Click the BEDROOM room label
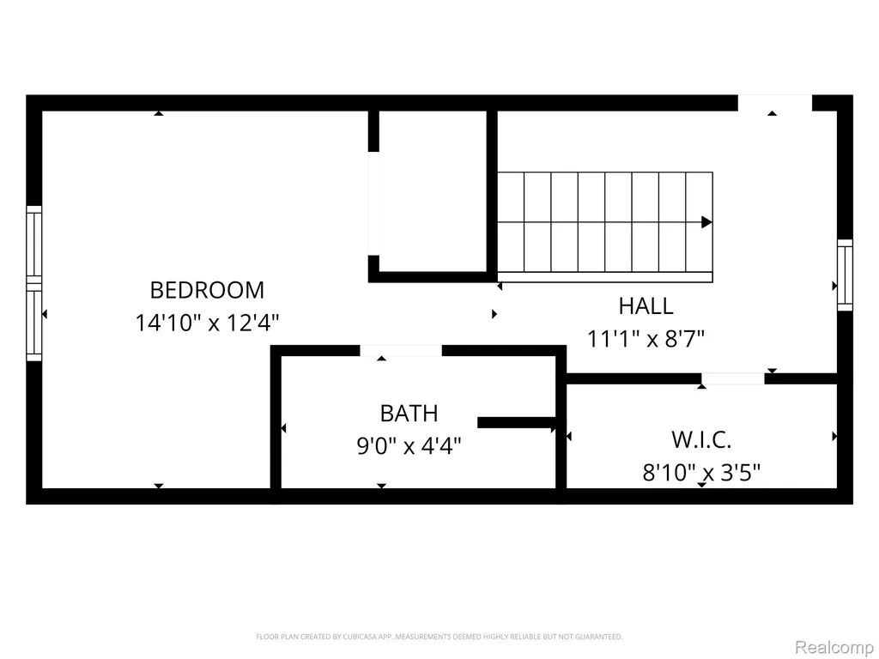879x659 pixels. point(207,290)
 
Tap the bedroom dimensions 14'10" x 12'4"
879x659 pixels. point(207,323)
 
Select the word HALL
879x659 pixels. point(646,306)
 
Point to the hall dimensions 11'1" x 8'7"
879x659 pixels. point(646,338)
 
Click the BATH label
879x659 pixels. point(409,414)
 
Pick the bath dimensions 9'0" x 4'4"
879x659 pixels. point(409,446)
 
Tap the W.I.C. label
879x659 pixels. point(701,440)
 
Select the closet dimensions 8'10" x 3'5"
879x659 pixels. point(701,473)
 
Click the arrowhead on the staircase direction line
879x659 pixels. point(707,222)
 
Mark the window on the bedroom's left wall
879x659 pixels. point(34,283)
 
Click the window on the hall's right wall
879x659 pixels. point(845,275)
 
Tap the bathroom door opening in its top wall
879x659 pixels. point(401,351)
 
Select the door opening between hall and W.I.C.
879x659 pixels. point(733,378)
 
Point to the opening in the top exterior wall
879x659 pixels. point(775,103)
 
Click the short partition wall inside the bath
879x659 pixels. point(517,422)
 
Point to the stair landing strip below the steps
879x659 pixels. point(605,277)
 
